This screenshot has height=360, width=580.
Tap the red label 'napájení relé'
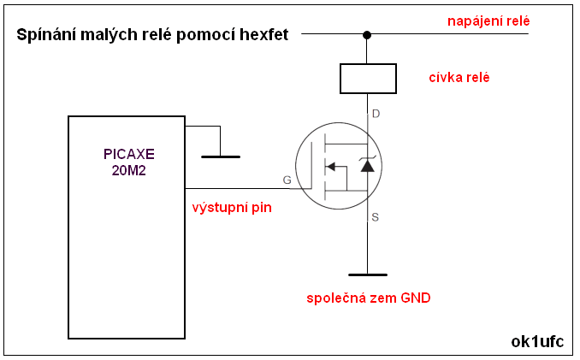click(488, 19)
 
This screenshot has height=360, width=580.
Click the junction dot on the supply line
click(367, 35)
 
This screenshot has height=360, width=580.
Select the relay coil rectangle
click(368, 78)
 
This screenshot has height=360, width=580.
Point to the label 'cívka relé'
click(459, 78)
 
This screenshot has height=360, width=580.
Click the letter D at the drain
click(376, 114)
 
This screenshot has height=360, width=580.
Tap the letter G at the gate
click(287, 180)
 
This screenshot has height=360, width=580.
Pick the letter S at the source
click(376, 217)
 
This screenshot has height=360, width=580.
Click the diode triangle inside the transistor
click(367, 165)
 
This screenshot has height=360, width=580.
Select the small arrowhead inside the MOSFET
click(332, 166)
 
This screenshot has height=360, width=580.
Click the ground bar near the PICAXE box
click(221, 156)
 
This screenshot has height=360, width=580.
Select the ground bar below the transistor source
click(368, 274)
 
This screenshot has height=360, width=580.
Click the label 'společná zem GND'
click(369, 298)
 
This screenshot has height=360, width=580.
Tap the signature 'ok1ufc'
click(537, 341)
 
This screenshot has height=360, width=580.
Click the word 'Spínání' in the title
click(45, 35)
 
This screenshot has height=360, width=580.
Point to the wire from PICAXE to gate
click(240, 188)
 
